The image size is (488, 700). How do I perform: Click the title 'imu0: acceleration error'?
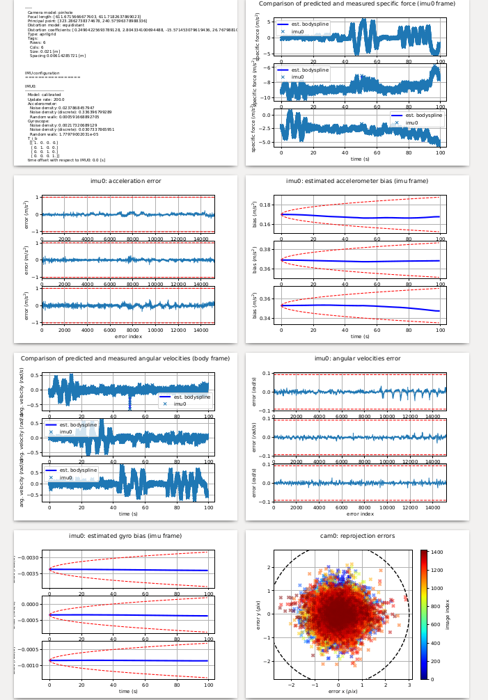(x=125, y=181)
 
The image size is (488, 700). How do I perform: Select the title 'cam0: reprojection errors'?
(x=357, y=536)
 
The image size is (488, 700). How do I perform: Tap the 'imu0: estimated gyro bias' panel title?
(x=125, y=536)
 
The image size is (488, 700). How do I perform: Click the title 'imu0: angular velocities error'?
(x=357, y=358)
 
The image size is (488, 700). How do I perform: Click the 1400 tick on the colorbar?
(x=437, y=551)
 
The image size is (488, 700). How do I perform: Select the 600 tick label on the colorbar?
(x=436, y=624)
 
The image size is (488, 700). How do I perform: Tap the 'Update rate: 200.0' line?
(x=46, y=100)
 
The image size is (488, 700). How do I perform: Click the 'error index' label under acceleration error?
(x=128, y=336)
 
